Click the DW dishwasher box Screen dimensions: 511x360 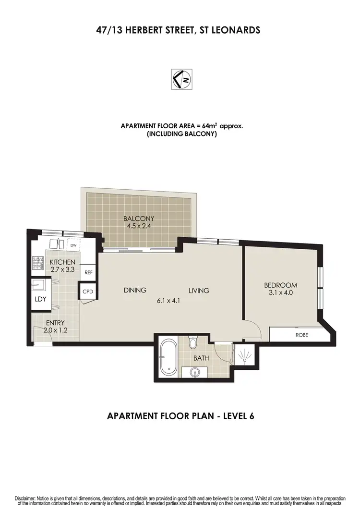(x=73, y=245)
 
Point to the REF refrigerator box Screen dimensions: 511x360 (x=88, y=272)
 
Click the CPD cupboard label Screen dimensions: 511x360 (x=87, y=292)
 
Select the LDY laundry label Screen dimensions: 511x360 (x=40, y=298)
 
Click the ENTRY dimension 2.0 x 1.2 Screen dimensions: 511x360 (x=55, y=330)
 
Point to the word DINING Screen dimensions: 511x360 (x=134, y=290)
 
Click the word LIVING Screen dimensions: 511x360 (x=199, y=290)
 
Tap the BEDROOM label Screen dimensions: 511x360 (x=281, y=285)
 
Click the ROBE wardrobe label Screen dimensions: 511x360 (x=302, y=335)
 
